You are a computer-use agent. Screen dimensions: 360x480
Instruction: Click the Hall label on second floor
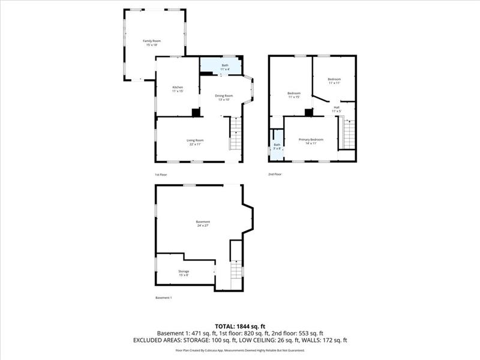click(337, 109)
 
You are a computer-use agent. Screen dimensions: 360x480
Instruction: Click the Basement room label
click(203, 223)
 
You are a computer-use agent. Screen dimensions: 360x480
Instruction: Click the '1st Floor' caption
click(161, 175)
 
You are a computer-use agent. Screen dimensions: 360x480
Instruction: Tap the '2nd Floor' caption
click(275, 175)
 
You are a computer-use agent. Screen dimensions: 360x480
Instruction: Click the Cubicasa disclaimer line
click(239, 350)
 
